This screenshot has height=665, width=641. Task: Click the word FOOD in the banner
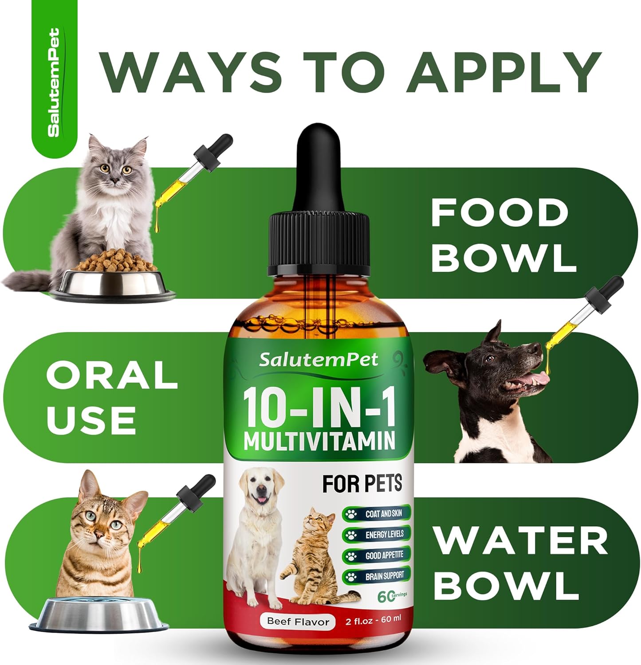pyautogui.click(x=499, y=213)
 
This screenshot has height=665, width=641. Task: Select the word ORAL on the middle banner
pyautogui.click(x=112, y=375)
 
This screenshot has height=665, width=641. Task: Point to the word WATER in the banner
pyautogui.click(x=520, y=541)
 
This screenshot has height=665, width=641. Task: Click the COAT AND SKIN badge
pyautogui.click(x=377, y=514)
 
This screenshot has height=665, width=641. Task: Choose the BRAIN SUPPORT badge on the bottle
pyautogui.click(x=377, y=576)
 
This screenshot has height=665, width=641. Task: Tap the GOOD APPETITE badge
pyautogui.click(x=377, y=555)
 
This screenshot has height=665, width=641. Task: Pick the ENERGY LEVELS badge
pyautogui.click(x=377, y=535)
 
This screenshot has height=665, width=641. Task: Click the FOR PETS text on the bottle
pyautogui.click(x=362, y=484)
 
